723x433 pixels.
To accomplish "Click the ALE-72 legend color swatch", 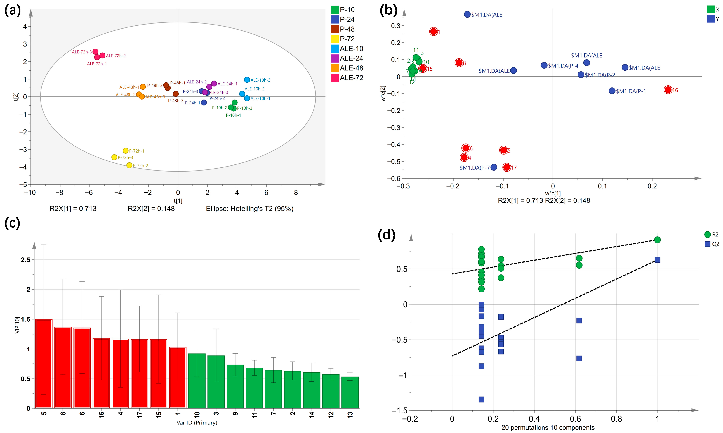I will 335,78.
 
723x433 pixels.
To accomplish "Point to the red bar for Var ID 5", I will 44,363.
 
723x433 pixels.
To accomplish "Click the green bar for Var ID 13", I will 350,392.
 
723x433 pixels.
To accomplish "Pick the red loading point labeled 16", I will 668,90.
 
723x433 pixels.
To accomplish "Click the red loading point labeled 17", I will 507,167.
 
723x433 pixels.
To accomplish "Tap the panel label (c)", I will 12,223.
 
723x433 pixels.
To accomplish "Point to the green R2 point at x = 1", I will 657,240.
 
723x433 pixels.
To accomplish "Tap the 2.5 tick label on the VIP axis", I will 25,260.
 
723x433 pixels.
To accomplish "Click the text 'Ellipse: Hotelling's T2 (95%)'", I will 250,209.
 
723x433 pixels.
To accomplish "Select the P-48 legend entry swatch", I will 335,29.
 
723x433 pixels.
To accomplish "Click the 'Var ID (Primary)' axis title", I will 197,422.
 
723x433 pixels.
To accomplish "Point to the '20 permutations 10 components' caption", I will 548,427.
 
